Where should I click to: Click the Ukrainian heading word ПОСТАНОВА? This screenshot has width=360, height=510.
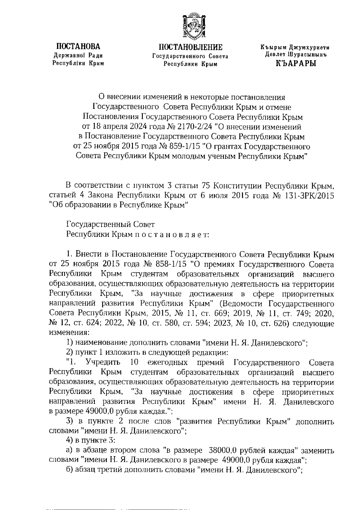tap(78, 46)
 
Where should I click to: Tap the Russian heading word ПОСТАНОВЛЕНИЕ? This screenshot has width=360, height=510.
tap(190, 47)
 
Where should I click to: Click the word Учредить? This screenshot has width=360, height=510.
tap(103, 362)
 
